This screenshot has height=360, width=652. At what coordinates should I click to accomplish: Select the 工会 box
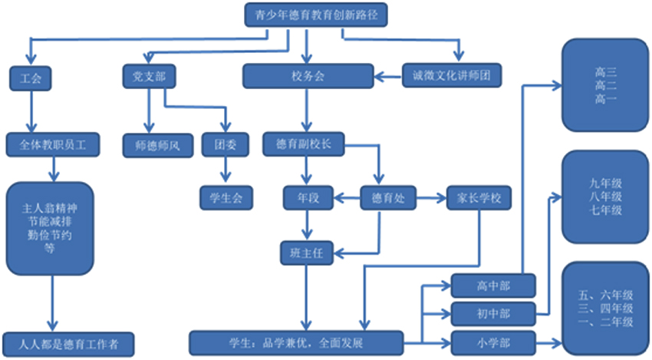pos(31,77)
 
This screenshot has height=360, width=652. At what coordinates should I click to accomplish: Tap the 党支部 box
pos(149,76)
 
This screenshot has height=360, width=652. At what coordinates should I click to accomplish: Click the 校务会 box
pos(308,77)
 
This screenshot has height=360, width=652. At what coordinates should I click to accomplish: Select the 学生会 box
pos(226,198)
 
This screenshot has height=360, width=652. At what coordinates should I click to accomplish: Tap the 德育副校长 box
pos(303,144)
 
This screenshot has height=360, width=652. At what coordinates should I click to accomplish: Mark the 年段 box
pos(308,198)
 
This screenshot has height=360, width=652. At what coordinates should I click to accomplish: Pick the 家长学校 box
pos(479,198)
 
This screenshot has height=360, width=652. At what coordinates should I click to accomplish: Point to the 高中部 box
pos(492,286)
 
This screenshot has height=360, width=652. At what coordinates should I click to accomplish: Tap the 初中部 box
pos(492,313)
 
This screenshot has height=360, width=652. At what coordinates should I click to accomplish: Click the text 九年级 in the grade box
pos(605,183)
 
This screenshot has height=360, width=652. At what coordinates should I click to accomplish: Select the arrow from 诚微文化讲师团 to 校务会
pos(388,76)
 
